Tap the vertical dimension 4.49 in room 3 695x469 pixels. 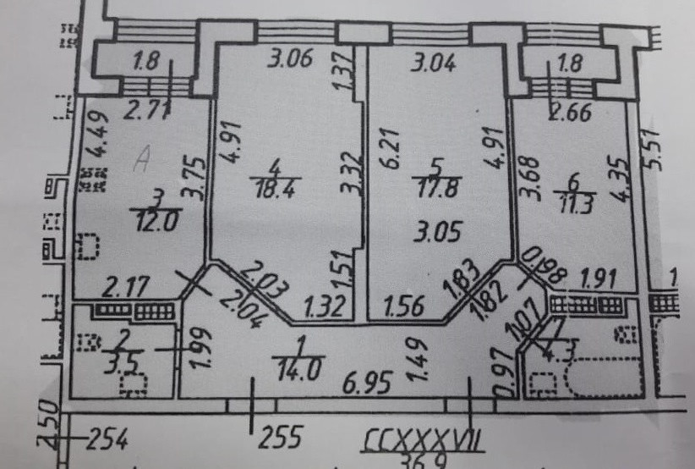click(93, 136)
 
